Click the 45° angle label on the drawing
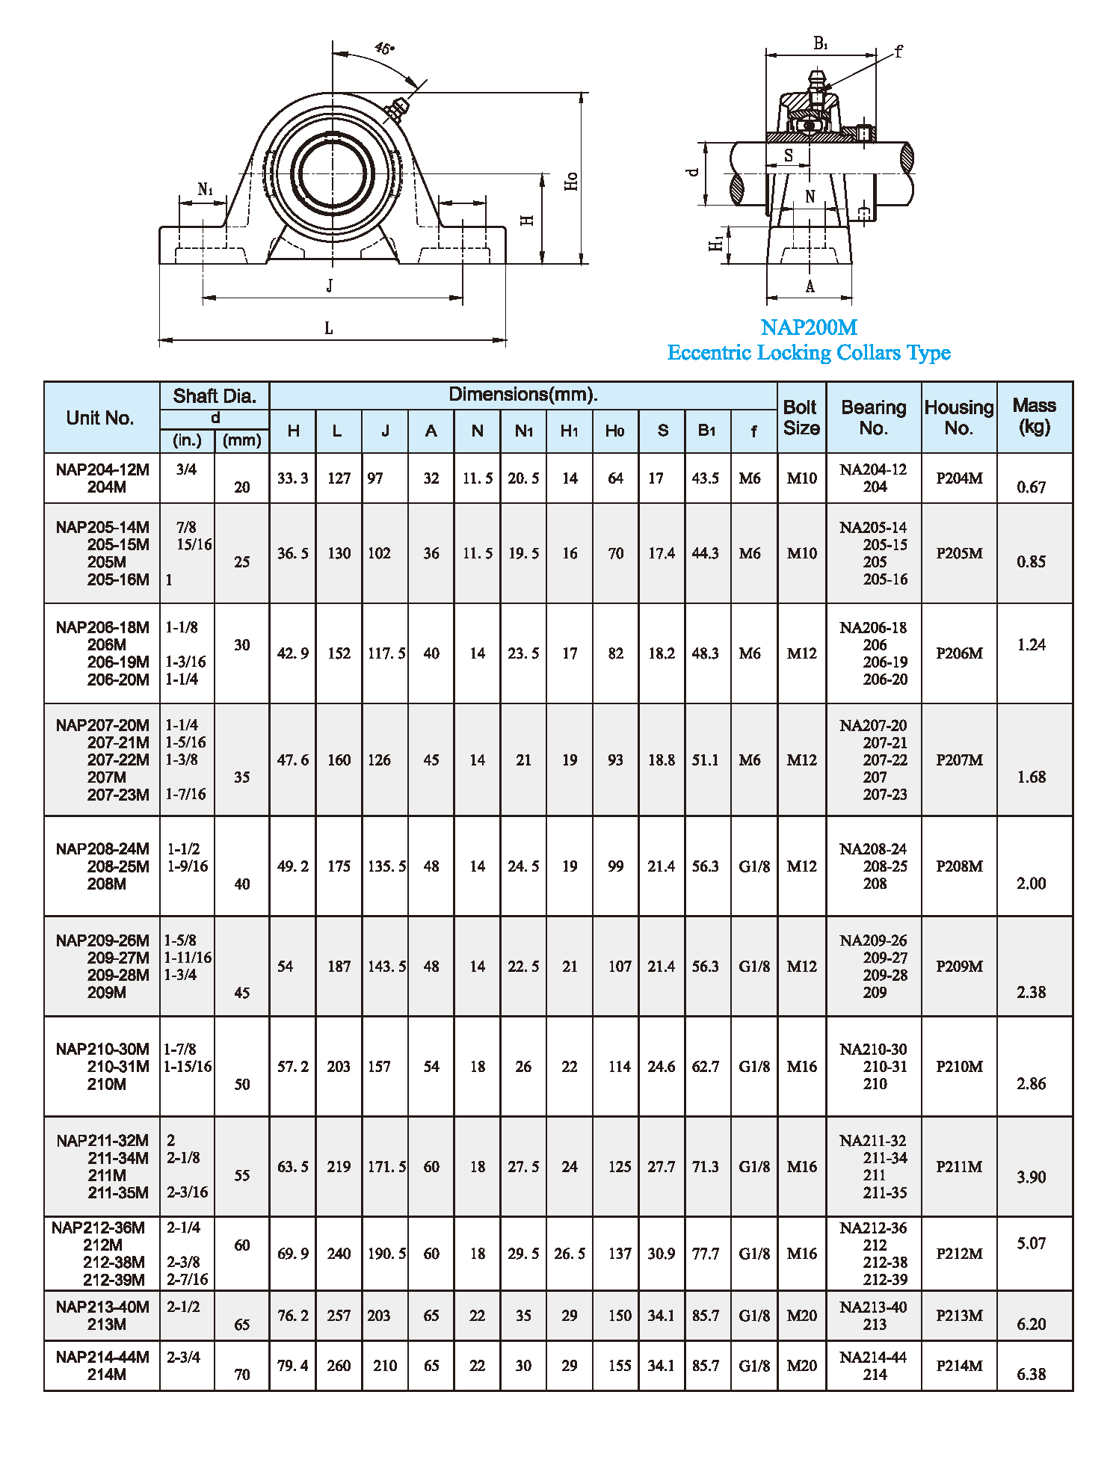coord(384,49)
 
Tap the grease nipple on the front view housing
coord(396,109)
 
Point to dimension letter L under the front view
coord(328,328)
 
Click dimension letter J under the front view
coord(330,286)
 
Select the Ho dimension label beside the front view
coord(572,181)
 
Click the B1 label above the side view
coord(820,44)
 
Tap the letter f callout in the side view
coord(898,52)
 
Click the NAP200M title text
coord(809,327)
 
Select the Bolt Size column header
coord(801,418)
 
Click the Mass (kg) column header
coord(1034,416)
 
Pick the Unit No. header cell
coord(100,418)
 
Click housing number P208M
coord(959,866)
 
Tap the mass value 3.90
coord(1031,1177)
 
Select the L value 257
coord(339,1316)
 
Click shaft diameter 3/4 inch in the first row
coord(186,469)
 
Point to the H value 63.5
coord(292,1167)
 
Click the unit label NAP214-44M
coord(102,1357)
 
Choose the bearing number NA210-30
coord(873,1050)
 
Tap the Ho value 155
coord(620,1366)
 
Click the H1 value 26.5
coord(570,1254)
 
